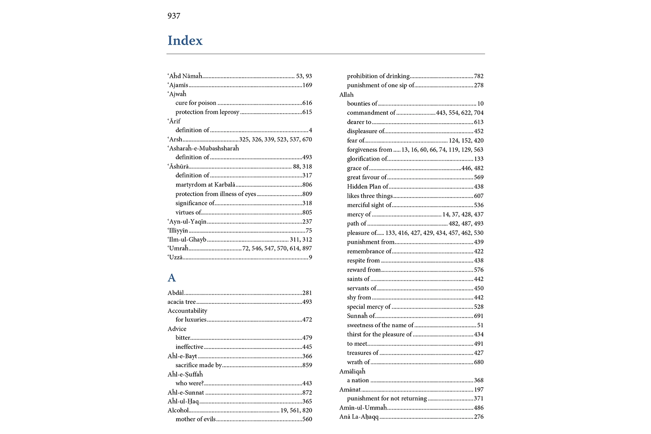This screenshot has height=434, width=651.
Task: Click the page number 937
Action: [174, 16]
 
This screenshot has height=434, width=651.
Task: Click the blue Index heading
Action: [185, 40]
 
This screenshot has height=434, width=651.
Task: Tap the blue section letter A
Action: [172, 278]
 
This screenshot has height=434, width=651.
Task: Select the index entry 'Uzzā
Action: [175, 257]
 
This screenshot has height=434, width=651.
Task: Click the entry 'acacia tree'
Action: [181, 302]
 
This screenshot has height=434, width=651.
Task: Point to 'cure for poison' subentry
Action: [196, 103]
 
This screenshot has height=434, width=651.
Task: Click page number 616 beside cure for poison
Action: [307, 103]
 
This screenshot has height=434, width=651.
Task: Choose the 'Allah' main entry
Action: [346, 95]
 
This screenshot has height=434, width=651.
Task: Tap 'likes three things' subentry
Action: [370, 196]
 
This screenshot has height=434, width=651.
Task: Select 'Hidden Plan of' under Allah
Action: [368, 187]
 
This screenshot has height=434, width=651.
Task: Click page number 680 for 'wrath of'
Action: [478, 362]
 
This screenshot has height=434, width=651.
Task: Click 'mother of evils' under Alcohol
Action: [195, 419]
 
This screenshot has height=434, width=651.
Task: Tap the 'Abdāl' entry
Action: [176, 293]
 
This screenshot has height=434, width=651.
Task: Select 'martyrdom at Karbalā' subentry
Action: [205, 184]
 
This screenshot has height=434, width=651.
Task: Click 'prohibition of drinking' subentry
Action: [378, 76]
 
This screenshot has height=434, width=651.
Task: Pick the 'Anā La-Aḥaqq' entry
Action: [359, 417]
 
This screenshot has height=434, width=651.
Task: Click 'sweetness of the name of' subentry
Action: [380, 325]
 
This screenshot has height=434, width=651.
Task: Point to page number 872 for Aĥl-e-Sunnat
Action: [307, 392]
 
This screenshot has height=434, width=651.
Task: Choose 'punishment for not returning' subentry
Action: [387, 398]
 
